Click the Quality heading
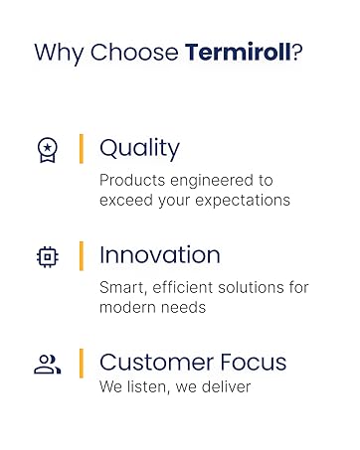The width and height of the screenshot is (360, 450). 139,149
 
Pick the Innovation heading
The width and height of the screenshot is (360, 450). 159,255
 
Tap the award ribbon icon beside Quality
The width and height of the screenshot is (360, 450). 47,149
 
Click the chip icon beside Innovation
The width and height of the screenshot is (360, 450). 47,256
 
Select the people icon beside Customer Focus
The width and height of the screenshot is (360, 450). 47,364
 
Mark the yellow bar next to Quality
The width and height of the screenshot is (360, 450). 82,149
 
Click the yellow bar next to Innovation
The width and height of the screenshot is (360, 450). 82,255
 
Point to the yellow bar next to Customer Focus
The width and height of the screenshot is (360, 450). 82,363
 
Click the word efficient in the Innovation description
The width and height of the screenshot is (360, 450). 187,287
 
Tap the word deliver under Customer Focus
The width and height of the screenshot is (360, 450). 225,385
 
